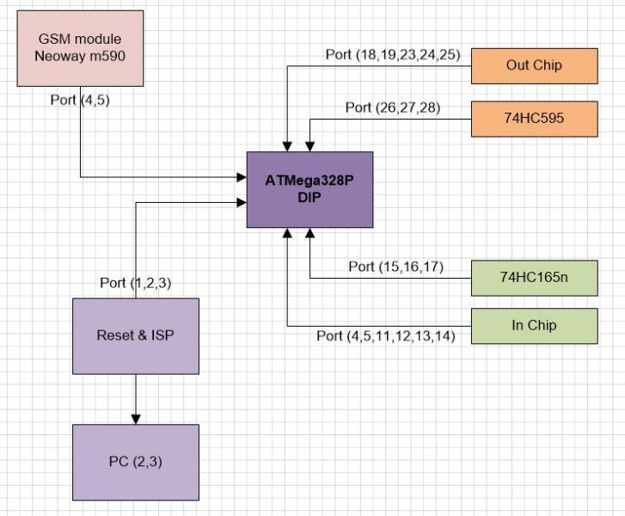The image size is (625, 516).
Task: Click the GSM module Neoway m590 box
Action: (80, 48)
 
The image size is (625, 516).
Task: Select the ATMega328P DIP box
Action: (309, 189)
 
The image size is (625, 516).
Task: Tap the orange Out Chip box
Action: (534, 65)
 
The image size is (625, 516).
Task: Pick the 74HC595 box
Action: (534, 119)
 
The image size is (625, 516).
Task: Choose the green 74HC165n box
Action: (534, 277)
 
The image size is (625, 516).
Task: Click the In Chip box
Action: (534, 325)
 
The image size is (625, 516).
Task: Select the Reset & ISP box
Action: (135, 335)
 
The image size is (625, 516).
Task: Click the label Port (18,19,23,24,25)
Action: (393, 55)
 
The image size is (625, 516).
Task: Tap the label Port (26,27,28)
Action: (394, 107)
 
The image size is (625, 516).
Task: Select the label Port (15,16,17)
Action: (395, 267)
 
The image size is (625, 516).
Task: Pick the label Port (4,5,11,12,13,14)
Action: (385, 336)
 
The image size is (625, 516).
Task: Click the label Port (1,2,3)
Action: (135, 282)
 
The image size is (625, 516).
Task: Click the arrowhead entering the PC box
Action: (135, 419)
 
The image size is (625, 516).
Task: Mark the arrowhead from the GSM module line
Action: (241, 177)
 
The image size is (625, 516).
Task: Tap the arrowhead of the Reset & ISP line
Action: (241, 203)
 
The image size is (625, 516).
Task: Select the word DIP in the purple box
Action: (309, 197)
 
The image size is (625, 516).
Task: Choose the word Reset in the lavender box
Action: (115, 335)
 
